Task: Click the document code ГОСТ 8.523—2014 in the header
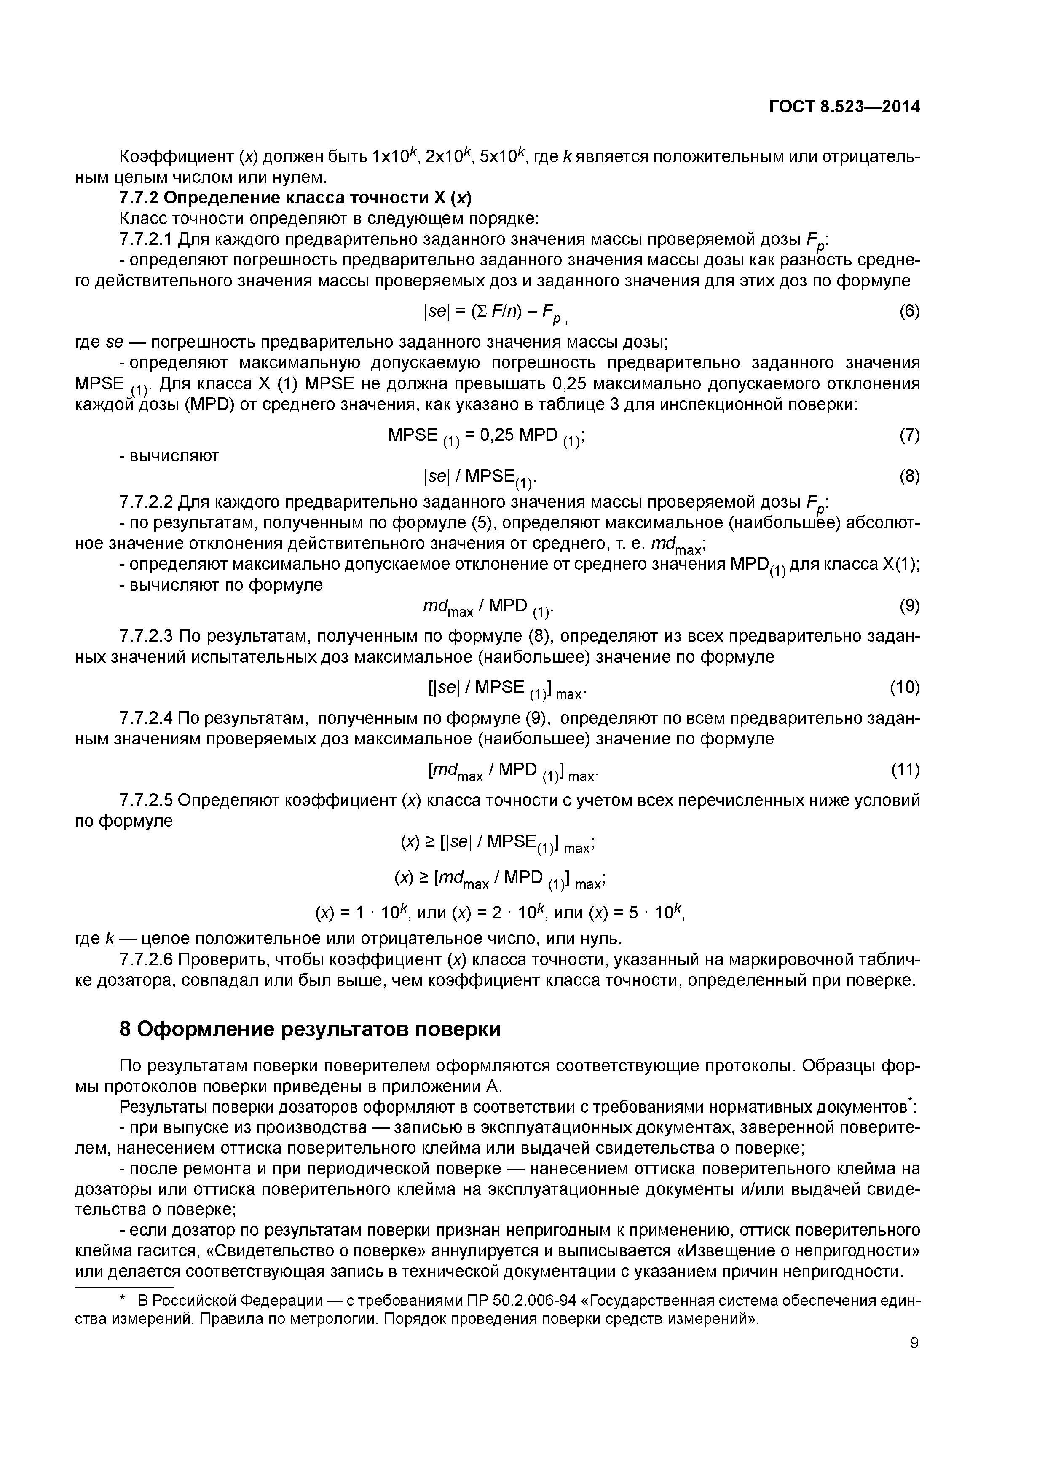[845, 107]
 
